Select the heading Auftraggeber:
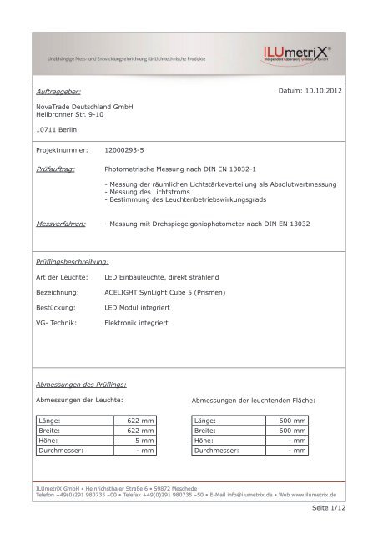coord(58,88)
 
